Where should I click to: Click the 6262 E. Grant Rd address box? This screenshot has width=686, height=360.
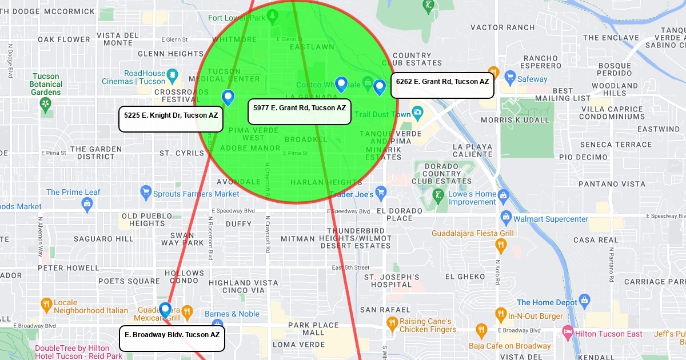tap(442, 86)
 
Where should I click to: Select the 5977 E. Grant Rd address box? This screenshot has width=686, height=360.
tap(299, 111)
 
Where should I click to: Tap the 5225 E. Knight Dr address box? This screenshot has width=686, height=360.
tap(171, 119)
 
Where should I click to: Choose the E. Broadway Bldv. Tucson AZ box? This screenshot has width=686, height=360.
tap(171, 338)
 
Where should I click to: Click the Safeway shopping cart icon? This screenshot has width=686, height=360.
tap(508, 79)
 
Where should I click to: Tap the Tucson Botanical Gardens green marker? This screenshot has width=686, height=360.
tap(46, 104)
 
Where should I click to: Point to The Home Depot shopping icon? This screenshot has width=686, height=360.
tap(584, 300)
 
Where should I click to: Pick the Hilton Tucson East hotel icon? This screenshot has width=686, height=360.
tap(568, 331)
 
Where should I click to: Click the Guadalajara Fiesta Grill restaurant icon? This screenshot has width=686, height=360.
tap(501, 245)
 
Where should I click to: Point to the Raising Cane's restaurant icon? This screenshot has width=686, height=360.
tap(392, 324)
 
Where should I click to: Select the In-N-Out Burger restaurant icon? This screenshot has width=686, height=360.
tap(501, 314)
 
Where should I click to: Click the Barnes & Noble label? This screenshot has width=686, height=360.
tap(232, 314)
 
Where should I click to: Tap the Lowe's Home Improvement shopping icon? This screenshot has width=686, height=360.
tap(504, 195)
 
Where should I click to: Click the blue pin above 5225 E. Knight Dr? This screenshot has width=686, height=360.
tap(228, 97)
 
